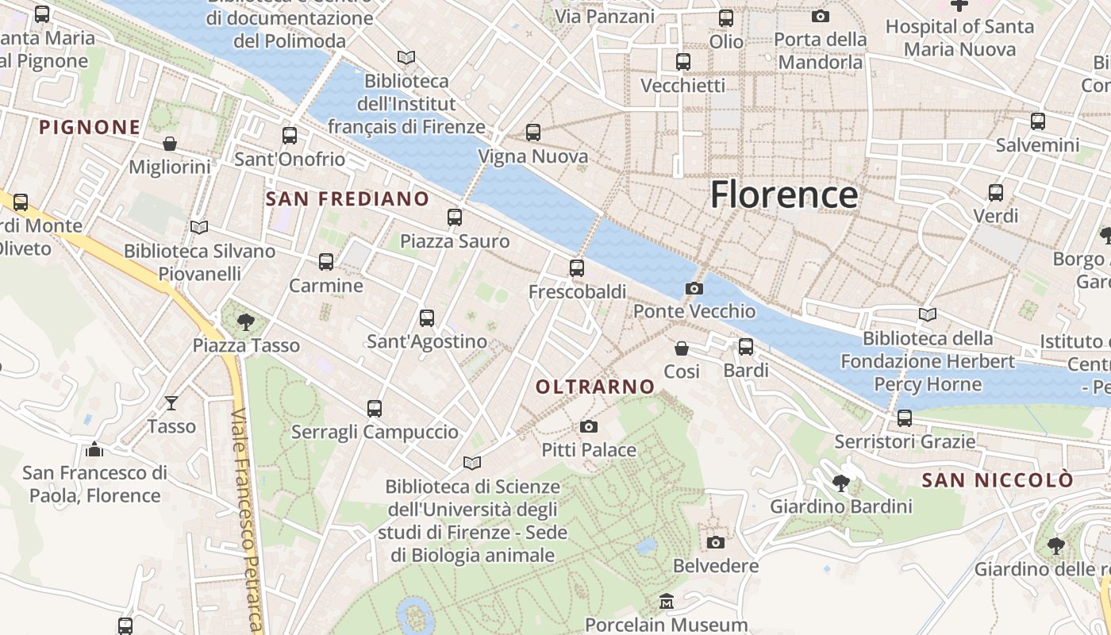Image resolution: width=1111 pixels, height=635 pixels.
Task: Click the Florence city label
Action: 784,194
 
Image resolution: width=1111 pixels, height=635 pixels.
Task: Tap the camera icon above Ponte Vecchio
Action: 694,288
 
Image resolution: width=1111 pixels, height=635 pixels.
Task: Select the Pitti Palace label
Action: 589,450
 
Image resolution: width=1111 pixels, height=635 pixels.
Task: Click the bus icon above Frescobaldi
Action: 577,268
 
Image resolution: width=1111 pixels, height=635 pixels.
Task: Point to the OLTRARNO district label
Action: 595,387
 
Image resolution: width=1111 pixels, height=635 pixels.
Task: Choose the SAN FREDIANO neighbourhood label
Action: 348,199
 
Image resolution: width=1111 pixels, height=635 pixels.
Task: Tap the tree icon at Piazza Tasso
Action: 246,321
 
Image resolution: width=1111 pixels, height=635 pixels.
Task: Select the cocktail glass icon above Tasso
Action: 171,403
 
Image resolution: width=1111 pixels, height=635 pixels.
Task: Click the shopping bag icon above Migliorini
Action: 170,144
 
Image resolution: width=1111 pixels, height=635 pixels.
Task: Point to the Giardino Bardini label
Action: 841,506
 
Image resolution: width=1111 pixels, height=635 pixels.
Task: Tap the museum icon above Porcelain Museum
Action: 667,602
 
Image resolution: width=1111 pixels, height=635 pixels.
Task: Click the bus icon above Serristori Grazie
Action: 905,418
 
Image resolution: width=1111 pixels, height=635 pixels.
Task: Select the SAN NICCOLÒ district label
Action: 998,480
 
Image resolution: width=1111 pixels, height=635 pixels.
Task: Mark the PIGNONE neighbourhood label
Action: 90,127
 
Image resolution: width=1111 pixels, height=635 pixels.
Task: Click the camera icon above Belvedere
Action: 716,542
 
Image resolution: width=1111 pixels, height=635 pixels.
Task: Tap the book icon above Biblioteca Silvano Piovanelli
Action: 199,228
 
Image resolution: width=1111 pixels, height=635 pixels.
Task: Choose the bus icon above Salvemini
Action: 1038,121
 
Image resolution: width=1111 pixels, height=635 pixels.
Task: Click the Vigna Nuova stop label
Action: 532,156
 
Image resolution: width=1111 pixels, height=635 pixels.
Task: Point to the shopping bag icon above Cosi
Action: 682,348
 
